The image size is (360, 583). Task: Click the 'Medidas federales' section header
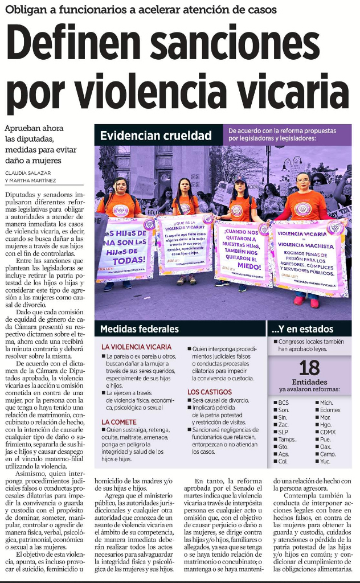[x=140, y=329]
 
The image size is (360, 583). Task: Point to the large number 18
[x=309, y=367]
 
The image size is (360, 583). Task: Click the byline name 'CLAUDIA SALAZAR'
[x=27, y=173]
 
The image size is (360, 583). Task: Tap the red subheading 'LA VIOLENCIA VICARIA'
[x=136, y=347]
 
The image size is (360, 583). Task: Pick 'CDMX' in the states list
[x=328, y=432]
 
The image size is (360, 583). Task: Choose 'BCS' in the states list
[x=283, y=403]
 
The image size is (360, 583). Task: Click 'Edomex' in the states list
[x=330, y=410]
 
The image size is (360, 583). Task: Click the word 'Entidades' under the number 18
[x=309, y=382]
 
